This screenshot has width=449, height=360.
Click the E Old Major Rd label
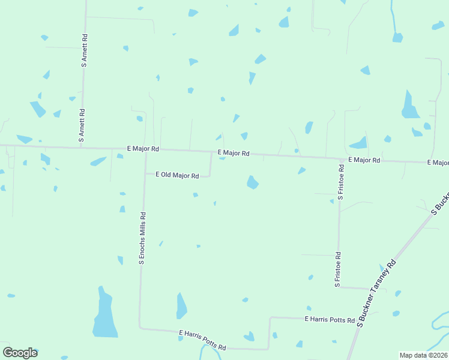click(x=177, y=175)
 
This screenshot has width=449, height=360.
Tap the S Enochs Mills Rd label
click(x=142, y=238)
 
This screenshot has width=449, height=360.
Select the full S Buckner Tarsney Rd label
click(x=377, y=293)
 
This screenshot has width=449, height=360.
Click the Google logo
click(x=20, y=353)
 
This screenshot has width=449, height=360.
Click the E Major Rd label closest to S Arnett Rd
click(x=143, y=148)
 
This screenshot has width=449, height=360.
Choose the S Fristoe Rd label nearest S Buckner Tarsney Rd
click(x=338, y=268)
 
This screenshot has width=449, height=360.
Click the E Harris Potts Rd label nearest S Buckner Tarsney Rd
click(x=330, y=320)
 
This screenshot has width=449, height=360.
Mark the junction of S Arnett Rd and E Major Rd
click(x=82, y=146)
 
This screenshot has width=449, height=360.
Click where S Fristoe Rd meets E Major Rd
click(x=340, y=160)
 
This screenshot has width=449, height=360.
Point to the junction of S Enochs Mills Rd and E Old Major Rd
click(x=145, y=174)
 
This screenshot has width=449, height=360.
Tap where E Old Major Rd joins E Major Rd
click(x=211, y=152)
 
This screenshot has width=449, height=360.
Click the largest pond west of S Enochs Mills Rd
click(x=104, y=315)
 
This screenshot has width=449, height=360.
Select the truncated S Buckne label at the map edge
click(x=441, y=205)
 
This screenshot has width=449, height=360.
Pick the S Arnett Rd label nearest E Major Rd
click(x=81, y=125)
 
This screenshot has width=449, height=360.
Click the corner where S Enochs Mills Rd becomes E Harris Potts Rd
click(x=140, y=328)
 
